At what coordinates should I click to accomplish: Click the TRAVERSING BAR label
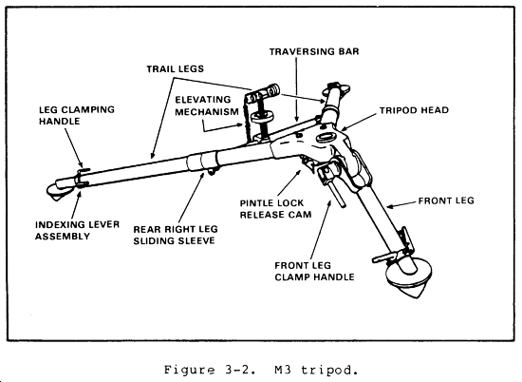(314, 51)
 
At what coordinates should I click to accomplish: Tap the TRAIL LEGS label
(176, 69)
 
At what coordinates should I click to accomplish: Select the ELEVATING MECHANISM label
(207, 105)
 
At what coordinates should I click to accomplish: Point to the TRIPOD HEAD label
(414, 110)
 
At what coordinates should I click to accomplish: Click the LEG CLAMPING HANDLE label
(77, 115)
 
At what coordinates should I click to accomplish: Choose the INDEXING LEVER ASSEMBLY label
(77, 230)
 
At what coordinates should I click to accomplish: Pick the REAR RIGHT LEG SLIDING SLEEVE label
(176, 235)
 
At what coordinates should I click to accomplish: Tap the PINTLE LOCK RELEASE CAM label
(275, 209)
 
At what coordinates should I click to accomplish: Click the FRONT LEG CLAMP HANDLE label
(314, 272)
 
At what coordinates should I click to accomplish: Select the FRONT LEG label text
(446, 201)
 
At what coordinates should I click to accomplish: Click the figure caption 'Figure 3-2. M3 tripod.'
(261, 370)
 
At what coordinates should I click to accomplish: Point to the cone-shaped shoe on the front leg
(409, 280)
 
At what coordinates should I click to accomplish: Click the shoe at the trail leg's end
(59, 191)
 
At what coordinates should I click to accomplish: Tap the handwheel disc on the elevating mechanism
(262, 116)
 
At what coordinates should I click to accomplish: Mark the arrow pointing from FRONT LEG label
(402, 204)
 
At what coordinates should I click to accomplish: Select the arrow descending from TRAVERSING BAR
(296, 89)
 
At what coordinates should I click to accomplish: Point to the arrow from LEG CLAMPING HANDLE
(74, 147)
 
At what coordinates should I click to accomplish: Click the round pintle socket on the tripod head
(324, 138)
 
